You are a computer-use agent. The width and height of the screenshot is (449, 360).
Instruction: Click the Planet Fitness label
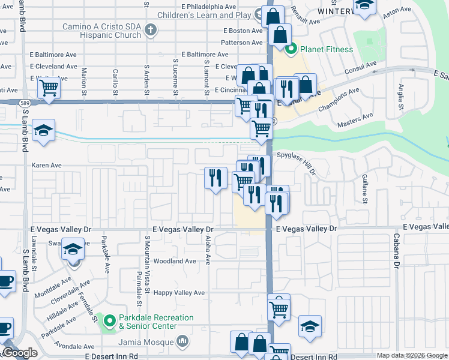327,49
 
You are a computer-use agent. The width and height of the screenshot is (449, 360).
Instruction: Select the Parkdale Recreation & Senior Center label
156,322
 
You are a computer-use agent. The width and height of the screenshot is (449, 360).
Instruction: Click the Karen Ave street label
47,165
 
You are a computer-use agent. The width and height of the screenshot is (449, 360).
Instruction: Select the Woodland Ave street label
175,261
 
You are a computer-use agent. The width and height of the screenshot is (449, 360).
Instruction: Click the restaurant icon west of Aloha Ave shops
215,178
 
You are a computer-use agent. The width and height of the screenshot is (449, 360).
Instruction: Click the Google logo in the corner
20,353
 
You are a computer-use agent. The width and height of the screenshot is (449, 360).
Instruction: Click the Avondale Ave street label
74,346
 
